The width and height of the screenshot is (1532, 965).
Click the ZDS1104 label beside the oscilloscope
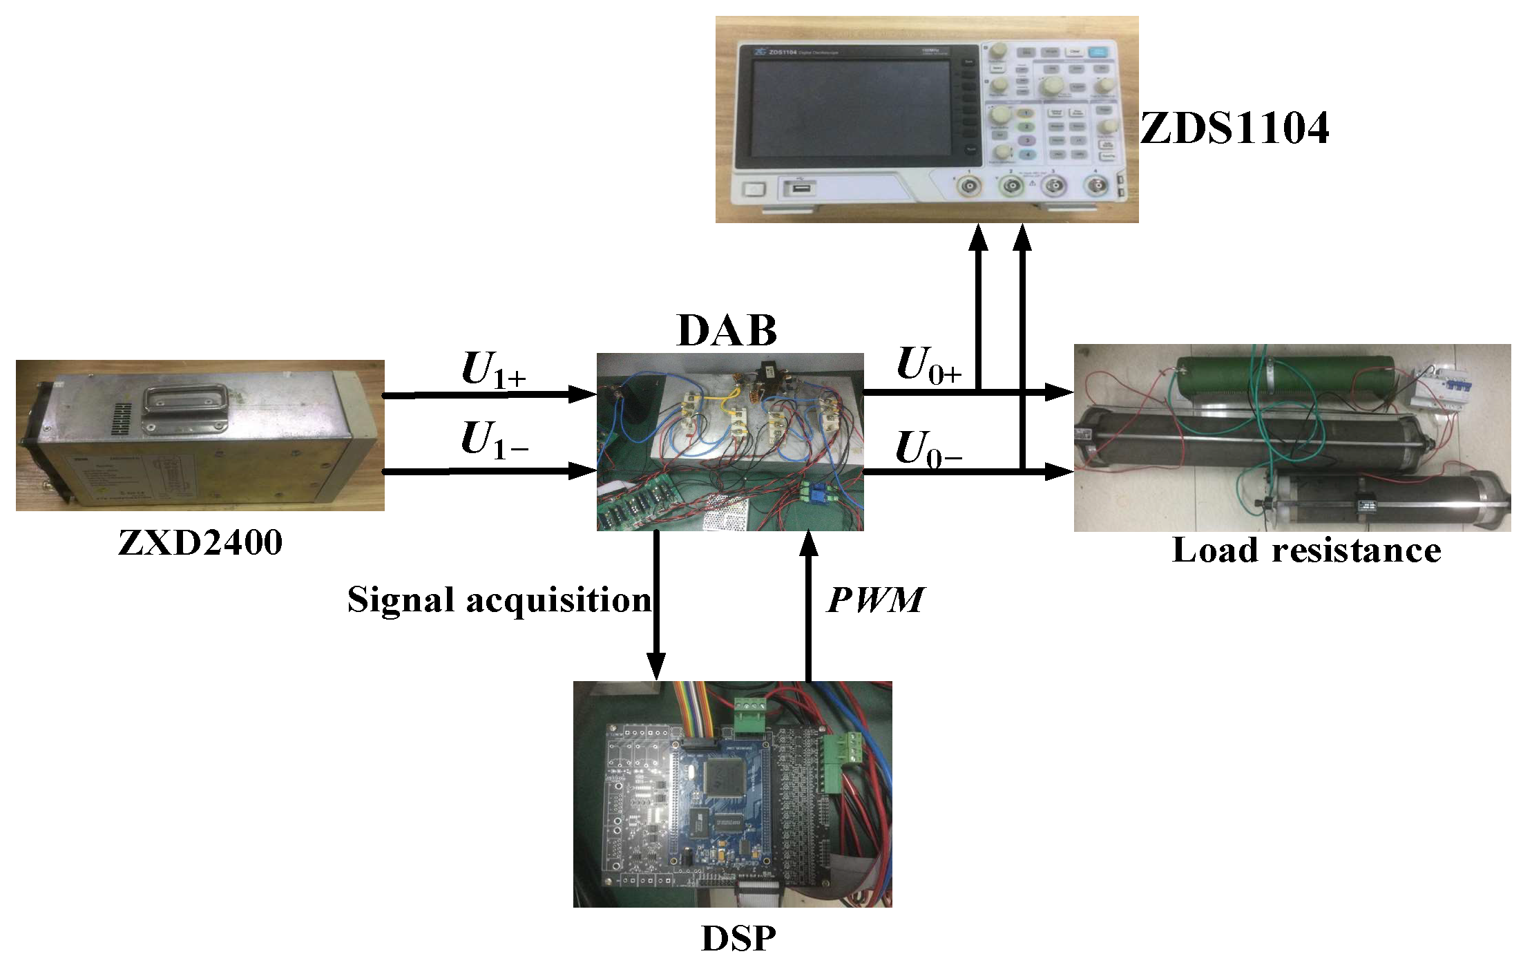point(1234,128)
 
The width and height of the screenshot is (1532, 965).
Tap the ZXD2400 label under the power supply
point(200,543)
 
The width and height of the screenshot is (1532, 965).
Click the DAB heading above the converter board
point(727,331)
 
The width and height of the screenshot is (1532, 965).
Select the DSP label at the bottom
point(738,938)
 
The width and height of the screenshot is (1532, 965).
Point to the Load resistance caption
point(1306,551)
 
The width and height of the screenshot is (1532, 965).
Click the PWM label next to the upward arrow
point(874,600)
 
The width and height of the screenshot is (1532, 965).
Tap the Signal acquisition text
point(499,600)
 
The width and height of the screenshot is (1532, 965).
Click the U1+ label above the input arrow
point(492,370)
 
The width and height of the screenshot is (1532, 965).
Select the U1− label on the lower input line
point(492,440)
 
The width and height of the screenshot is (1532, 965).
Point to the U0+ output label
point(928,365)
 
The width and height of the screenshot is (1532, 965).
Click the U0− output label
point(928,449)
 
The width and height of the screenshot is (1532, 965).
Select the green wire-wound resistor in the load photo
point(1285,376)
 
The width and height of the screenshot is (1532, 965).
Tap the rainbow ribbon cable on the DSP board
point(693,707)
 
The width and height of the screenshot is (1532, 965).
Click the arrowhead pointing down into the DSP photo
point(655,666)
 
